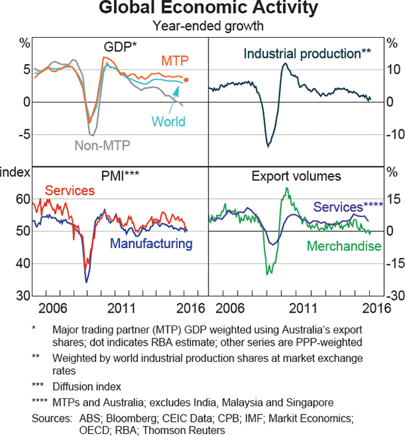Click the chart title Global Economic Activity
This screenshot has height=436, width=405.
tap(202, 9)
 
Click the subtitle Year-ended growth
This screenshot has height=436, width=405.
tap(202, 27)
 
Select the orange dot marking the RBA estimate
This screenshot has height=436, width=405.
tap(186, 80)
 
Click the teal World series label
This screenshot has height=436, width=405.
tap(169, 122)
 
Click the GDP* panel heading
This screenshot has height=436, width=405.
tap(119, 48)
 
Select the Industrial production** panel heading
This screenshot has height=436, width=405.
tap(307, 52)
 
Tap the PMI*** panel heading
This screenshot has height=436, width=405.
tap(120, 177)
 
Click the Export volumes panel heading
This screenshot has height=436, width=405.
tap(296, 177)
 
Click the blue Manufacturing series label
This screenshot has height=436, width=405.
tap(151, 243)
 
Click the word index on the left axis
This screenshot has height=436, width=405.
tap(15, 172)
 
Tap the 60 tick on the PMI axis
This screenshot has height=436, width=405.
tap(23, 199)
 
